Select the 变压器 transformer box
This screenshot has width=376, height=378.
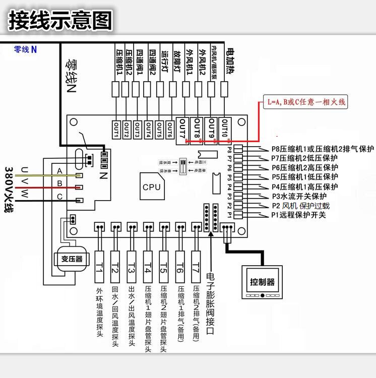tap(72, 259)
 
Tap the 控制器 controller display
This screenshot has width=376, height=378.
tap(263, 282)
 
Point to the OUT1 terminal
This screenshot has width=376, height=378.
tap(116, 130)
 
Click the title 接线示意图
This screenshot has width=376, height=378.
tap(60, 21)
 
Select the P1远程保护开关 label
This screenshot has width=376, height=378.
tap(299, 215)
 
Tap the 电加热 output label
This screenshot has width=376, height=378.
tap(230, 62)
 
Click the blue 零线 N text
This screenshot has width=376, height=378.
tap(25, 49)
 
